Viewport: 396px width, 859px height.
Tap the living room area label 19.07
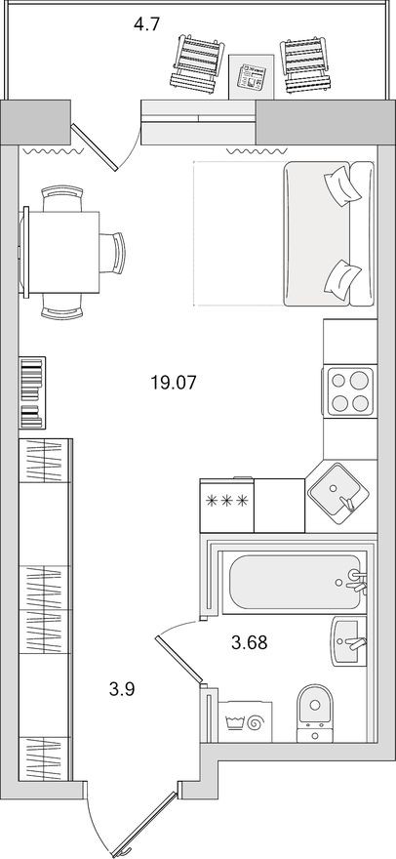click(x=175, y=384)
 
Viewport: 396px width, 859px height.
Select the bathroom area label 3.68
click(x=249, y=642)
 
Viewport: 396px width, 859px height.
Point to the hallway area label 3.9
click(x=122, y=689)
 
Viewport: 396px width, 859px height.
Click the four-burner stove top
click(x=348, y=390)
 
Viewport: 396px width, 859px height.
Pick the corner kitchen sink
click(x=337, y=493)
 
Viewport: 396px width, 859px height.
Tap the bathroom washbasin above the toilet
click(x=348, y=641)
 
